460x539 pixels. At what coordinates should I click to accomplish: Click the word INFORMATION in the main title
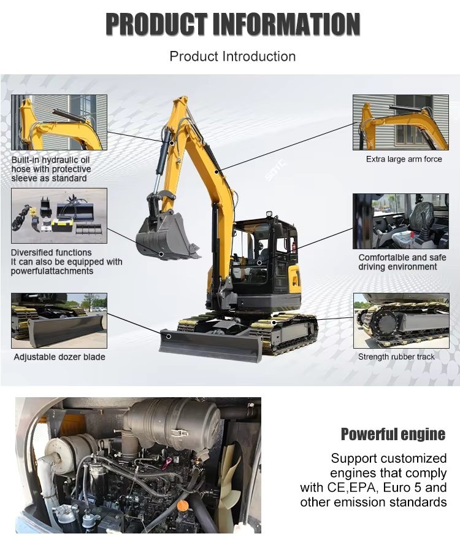pos(286,24)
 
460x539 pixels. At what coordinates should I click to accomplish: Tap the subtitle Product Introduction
pos(232,56)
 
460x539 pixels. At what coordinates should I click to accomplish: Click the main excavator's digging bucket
pos(167,236)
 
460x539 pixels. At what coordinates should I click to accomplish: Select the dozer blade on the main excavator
pos(210,346)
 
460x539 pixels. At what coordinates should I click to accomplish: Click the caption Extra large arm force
pos(404,159)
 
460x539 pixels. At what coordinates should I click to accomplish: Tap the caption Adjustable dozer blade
pos(59,357)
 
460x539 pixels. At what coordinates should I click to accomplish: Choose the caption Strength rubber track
pos(396,357)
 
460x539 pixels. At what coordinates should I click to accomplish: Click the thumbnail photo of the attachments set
pos(59,215)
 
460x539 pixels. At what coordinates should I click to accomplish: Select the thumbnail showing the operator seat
pos(401,221)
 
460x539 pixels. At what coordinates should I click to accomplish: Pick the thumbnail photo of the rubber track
pos(401,320)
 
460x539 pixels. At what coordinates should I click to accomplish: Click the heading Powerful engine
pos(393,434)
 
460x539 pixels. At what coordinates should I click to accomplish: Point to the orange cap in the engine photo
pos(182,505)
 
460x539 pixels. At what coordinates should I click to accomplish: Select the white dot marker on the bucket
pos(161,254)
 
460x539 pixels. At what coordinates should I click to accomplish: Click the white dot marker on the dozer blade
pos(169,336)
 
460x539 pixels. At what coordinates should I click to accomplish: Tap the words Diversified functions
pos(51,253)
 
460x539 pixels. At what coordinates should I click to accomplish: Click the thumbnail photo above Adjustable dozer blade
pos(59,320)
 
